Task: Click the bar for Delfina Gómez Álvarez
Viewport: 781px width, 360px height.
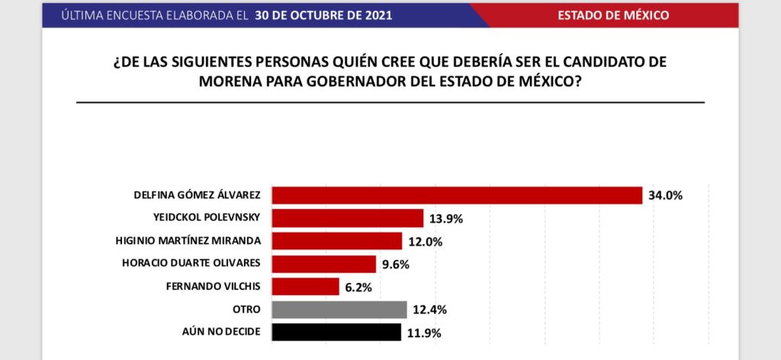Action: coord(457,195)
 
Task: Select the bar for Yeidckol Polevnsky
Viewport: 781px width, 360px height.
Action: coord(347,218)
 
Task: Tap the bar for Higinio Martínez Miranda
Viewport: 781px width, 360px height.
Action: coord(336,241)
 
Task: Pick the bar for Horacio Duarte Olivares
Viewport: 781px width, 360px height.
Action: coord(323,264)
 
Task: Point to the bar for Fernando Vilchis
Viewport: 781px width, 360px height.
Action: coord(305,287)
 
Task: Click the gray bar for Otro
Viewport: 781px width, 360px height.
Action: coord(339,310)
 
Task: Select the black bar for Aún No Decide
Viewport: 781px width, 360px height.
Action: coord(336,333)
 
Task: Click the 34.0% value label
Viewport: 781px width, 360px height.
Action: coord(665,195)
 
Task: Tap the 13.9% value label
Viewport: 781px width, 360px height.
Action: coord(445,219)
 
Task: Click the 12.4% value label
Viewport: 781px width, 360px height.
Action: coord(429,310)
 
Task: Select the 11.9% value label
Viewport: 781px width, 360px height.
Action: coord(423,333)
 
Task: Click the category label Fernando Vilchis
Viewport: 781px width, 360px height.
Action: coord(213,287)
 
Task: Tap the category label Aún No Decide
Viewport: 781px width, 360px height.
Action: coord(220,333)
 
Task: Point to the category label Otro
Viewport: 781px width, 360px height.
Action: coord(249,310)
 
